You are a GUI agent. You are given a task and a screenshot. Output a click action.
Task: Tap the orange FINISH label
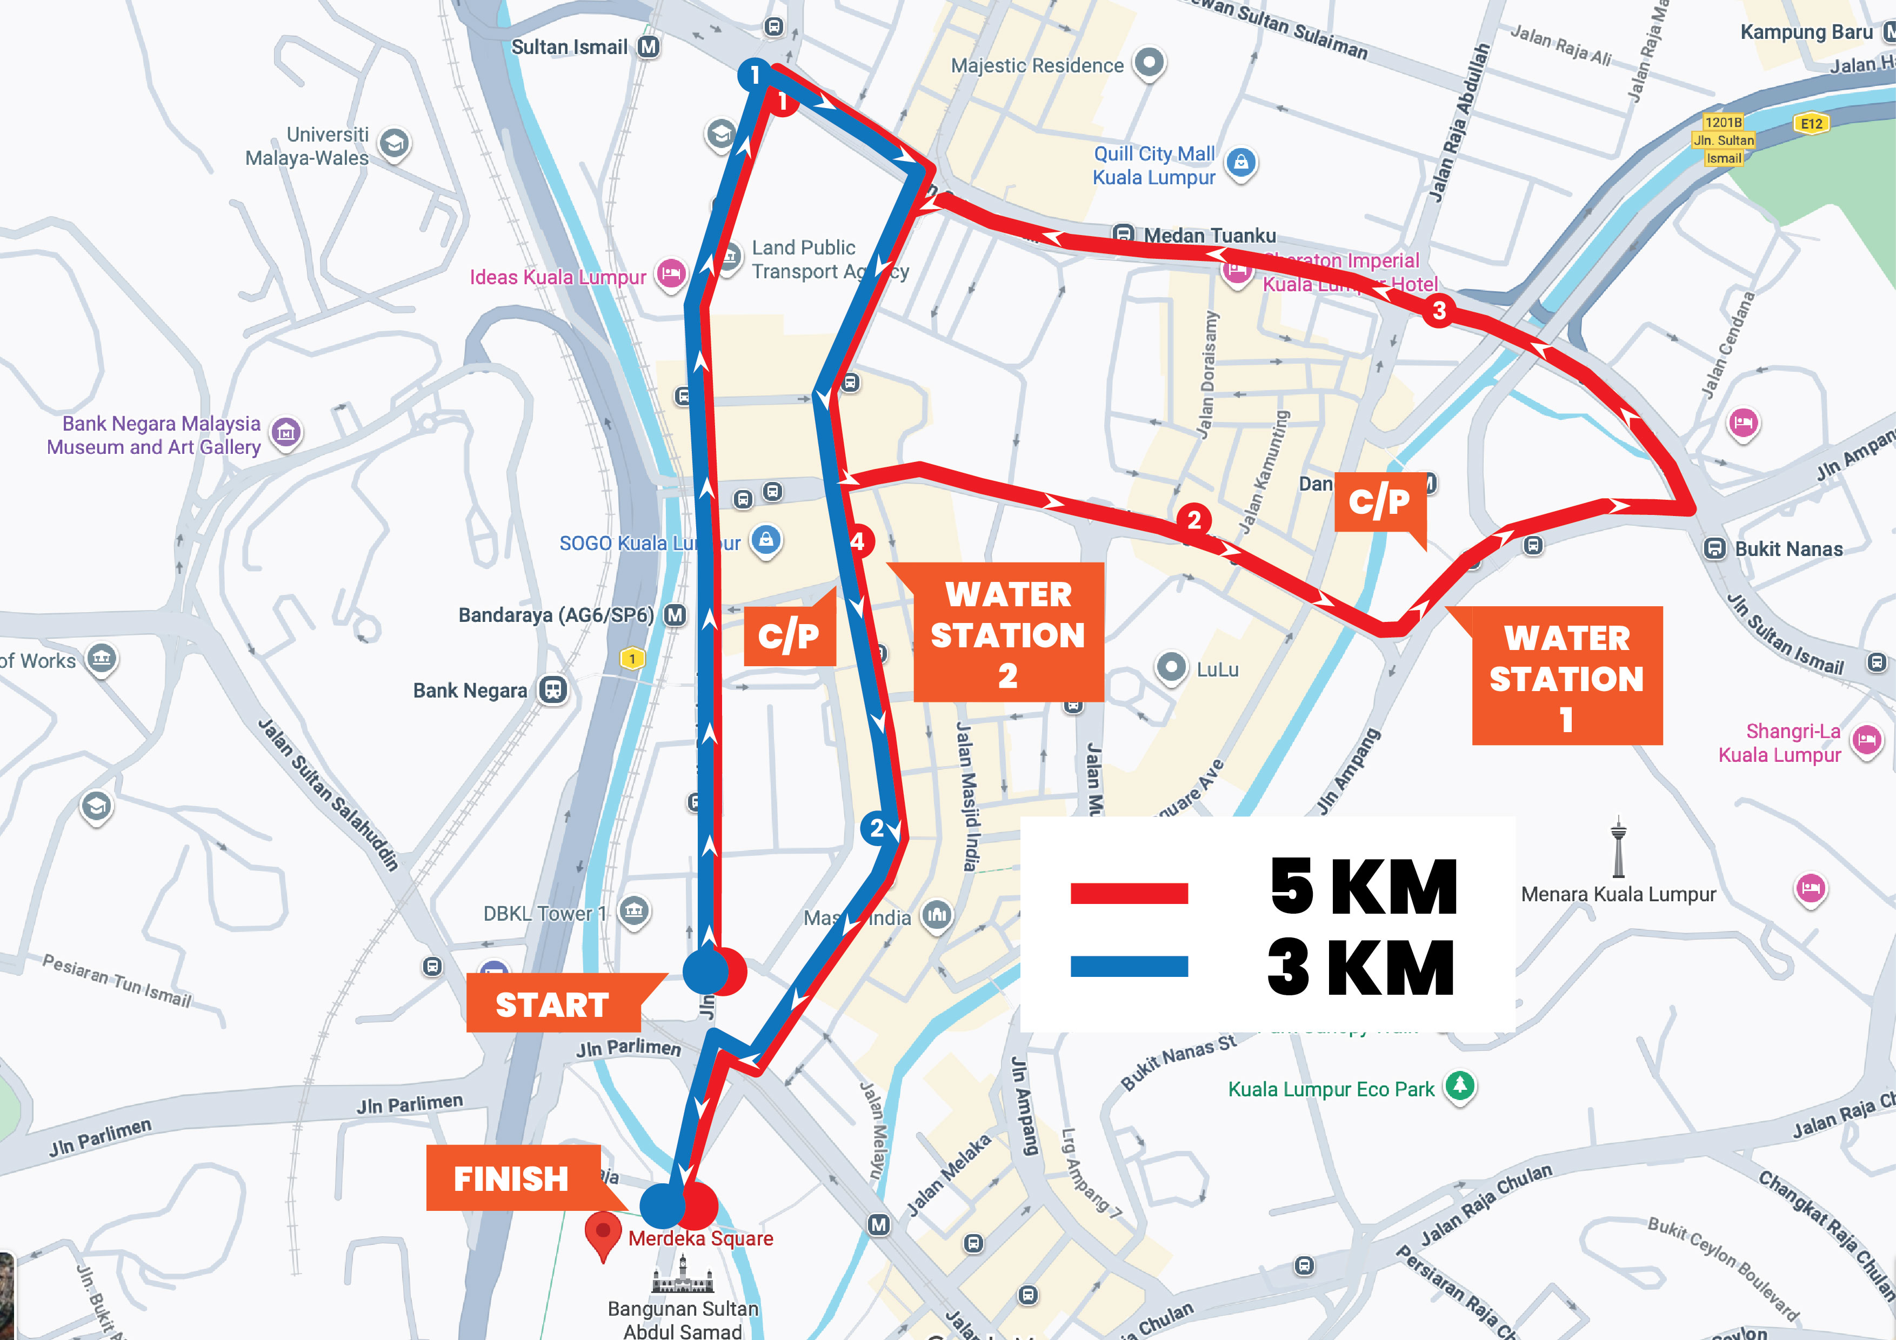[512, 1178]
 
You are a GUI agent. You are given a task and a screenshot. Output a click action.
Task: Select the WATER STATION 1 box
[1566, 677]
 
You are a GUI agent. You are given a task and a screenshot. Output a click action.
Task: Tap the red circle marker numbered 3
[1439, 311]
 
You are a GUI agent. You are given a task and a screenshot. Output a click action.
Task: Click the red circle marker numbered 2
[1193, 520]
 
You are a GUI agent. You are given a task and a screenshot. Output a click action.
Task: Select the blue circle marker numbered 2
[876, 828]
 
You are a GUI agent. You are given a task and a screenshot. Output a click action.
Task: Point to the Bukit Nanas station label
[1788, 549]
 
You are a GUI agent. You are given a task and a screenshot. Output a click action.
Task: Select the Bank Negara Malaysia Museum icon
[286, 431]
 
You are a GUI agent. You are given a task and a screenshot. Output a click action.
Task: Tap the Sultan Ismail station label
[570, 47]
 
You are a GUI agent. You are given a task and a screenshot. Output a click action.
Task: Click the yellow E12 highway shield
[1811, 124]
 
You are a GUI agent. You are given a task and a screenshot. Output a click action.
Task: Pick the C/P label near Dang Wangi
[1379, 501]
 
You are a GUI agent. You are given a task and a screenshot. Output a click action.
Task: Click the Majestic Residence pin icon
[1149, 62]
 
